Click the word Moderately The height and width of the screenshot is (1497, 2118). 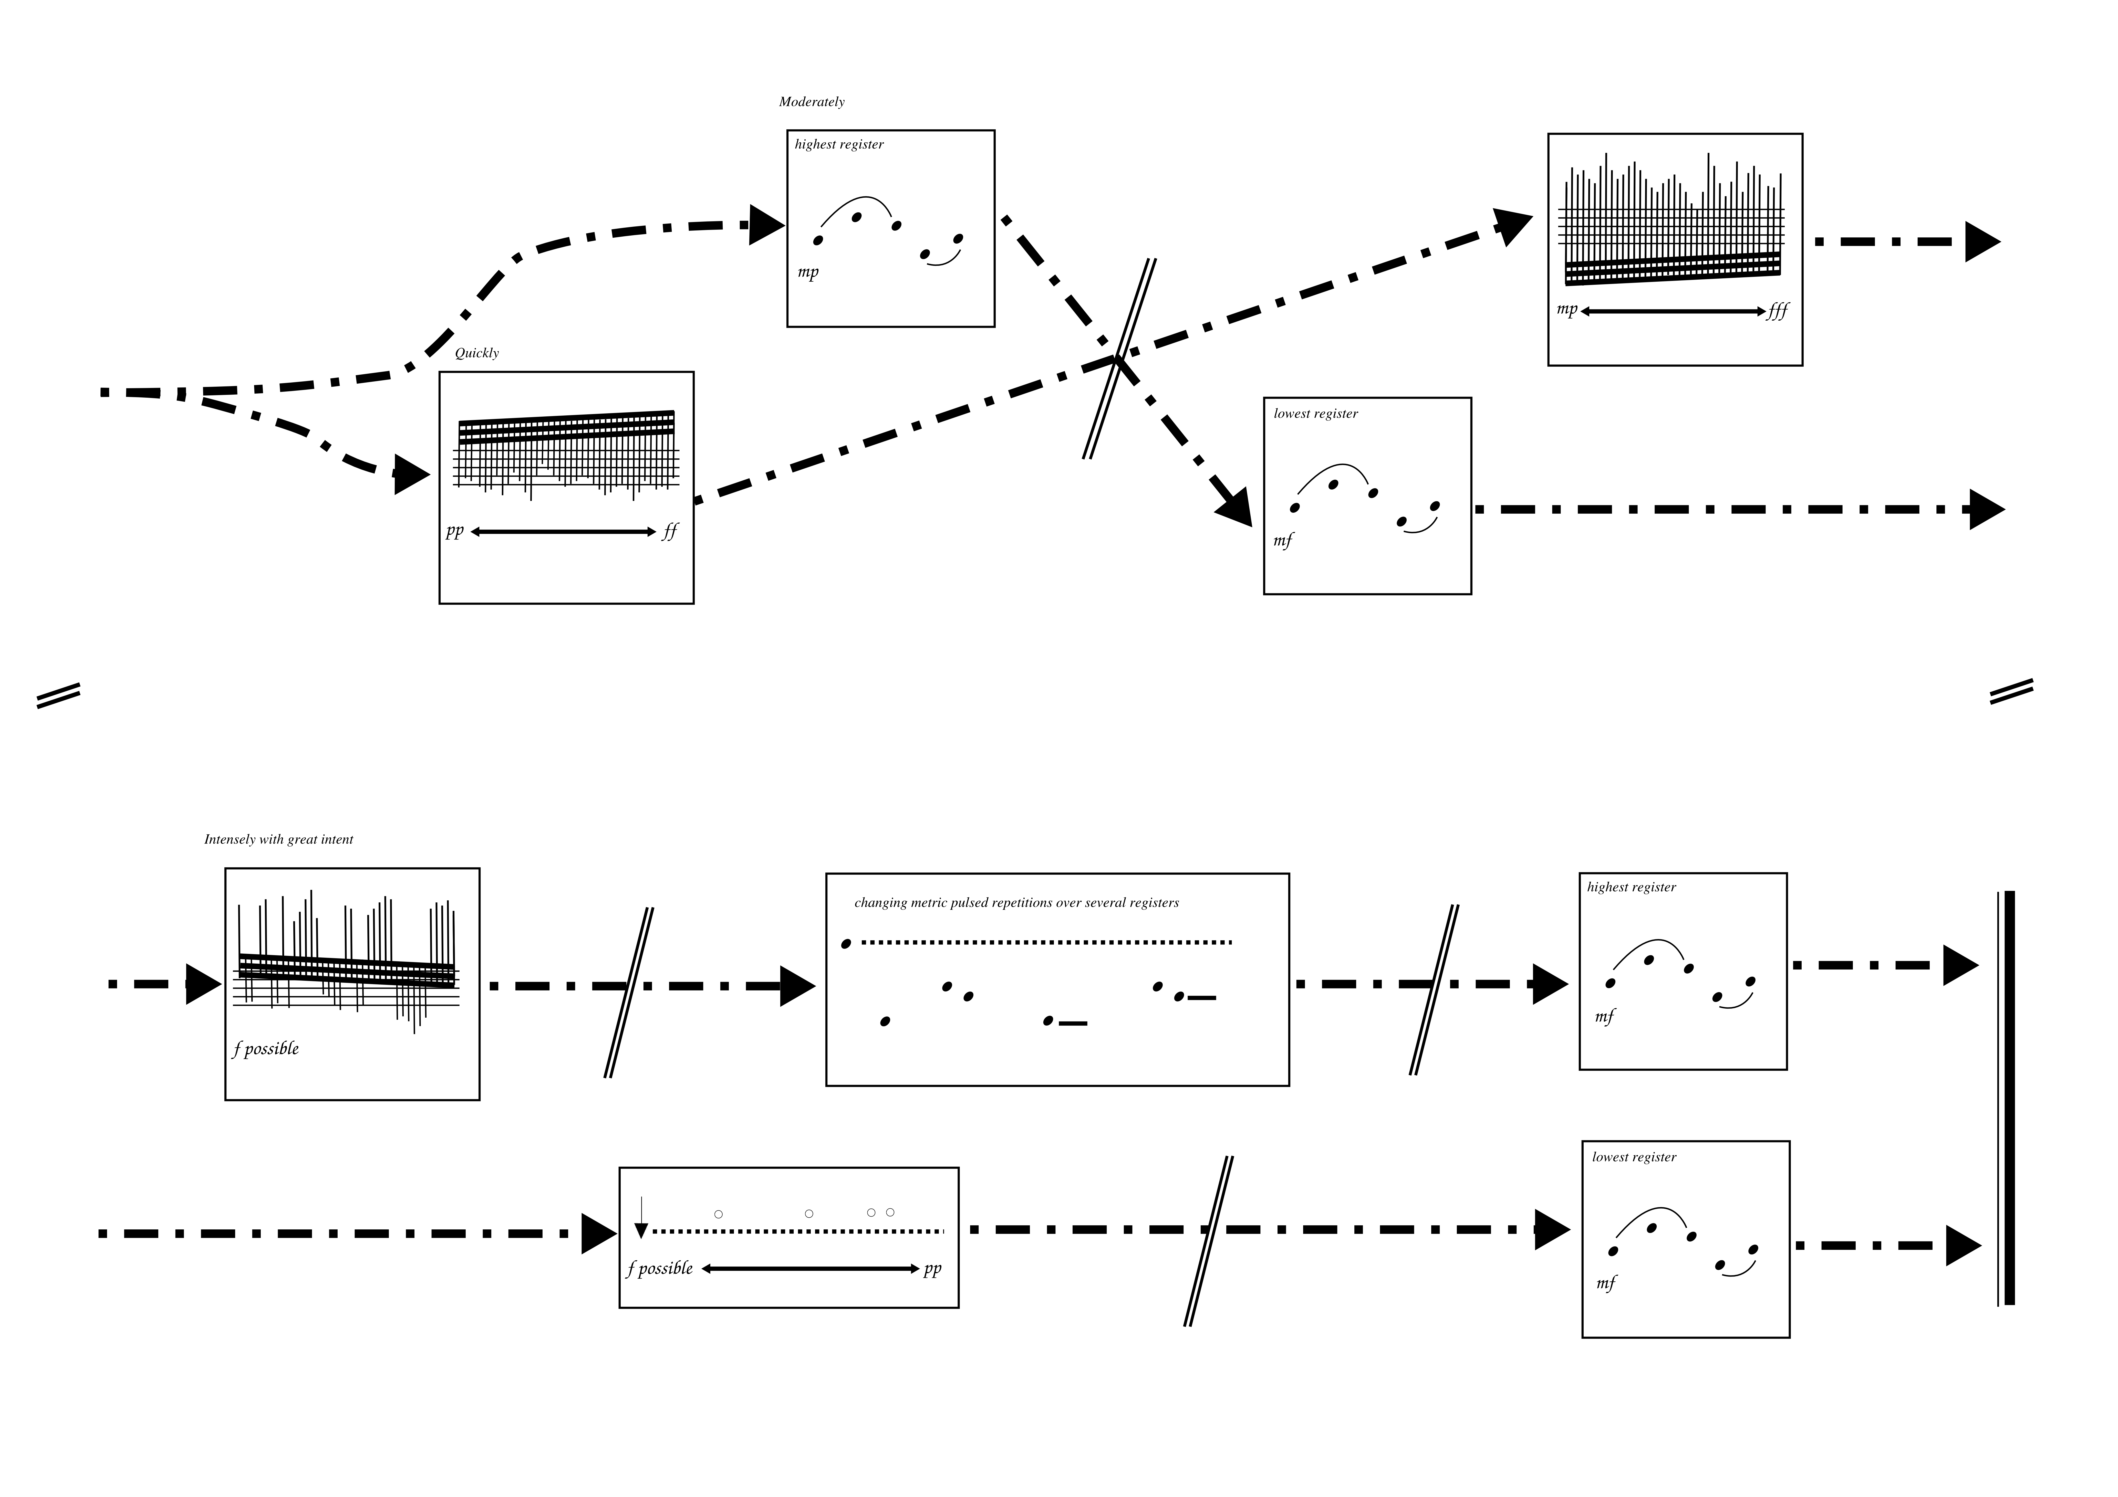(x=811, y=101)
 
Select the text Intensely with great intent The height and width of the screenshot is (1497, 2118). (x=279, y=839)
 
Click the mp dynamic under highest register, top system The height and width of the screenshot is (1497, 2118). (x=808, y=272)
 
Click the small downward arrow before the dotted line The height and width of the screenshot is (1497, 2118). (x=641, y=1218)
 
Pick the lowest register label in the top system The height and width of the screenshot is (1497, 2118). (x=1315, y=414)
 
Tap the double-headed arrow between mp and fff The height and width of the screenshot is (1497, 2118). (x=1671, y=312)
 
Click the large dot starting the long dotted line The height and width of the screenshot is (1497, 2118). (x=846, y=944)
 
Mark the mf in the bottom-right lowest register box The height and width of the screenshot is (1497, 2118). (x=1606, y=1283)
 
